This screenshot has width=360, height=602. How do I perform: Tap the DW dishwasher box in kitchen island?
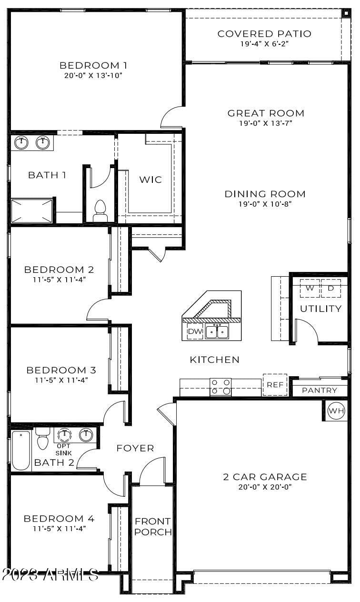click(x=195, y=331)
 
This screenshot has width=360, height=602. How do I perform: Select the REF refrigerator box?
click(x=275, y=385)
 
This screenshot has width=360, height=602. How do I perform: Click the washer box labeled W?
click(x=310, y=289)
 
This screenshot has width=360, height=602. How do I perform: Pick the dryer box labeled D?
click(x=331, y=289)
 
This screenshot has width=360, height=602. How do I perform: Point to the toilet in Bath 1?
click(x=100, y=211)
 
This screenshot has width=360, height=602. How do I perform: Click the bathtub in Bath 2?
click(x=21, y=450)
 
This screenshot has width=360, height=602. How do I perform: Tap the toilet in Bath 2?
click(x=43, y=438)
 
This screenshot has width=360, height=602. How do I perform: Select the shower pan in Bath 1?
click(x=32, y=211)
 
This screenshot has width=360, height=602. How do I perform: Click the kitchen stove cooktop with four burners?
click(x=220, y=387)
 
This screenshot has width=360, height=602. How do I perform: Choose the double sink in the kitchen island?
click(x=217, y=331)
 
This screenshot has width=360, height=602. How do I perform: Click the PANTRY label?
click(x=320, y=391)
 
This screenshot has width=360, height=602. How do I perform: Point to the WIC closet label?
click(x=150, y=180)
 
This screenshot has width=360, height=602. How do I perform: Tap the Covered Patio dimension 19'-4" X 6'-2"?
click(x=264, y=43)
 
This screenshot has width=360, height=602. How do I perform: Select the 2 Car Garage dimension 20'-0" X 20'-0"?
click(x=264, y=487)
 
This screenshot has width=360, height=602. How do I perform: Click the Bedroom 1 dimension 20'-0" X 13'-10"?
click(x=93, y=75)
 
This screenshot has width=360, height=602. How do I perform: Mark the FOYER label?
click(x=135, y=448)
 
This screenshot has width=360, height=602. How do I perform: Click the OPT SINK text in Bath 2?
click(x=64, y=450)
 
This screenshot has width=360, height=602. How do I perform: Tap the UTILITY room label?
click(x=320, y=309)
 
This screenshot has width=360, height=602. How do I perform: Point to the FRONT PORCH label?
click(x=152, y=527)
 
